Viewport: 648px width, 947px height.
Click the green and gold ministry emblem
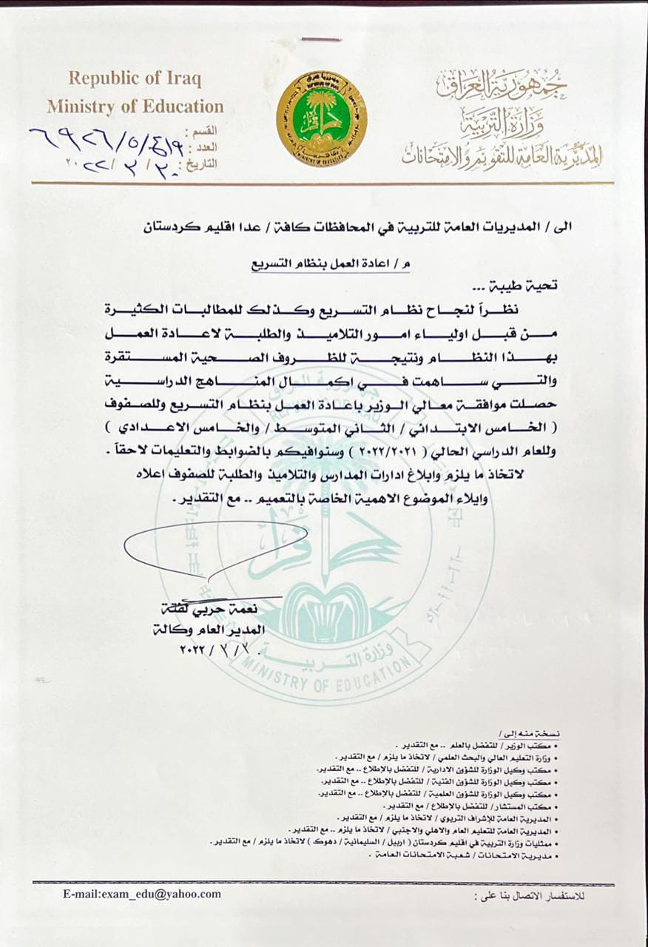pyautogui.click(x=322, y=118)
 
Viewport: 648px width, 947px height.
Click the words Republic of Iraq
pyautogui.click(x=135, y=78)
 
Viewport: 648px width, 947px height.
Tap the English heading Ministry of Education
pyautogui.click(x=135, y=107)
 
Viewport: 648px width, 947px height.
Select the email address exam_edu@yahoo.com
pyautogui.click(x=142, y=894)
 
